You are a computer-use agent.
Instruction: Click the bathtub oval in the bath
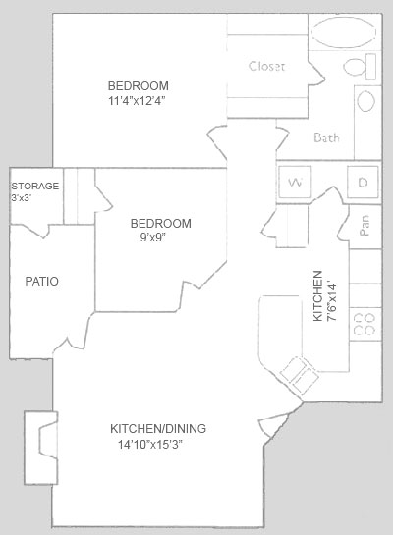tap(344, 31)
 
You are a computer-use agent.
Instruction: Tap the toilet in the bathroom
tap(360, 67)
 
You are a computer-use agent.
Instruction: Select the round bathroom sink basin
tap(366, 101)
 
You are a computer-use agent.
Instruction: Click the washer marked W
tap(295, 182)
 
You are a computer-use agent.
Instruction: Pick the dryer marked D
tap(363, 182)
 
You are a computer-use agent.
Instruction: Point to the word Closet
tap(266, 66)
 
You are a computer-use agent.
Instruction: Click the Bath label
tap(327, 137)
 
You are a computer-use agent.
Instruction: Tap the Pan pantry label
tap(365, 225)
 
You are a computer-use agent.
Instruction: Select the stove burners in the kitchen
tap(364, 324)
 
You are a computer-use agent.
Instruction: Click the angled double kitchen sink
tap(300, 375)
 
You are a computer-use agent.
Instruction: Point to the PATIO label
tap(42, 281)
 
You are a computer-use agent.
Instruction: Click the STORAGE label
tap(35, 186)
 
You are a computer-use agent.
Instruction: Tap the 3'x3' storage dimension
tap(22, 198)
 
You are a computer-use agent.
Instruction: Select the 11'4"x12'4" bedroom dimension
tap(137, 101)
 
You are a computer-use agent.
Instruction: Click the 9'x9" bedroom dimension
tap(153, 238)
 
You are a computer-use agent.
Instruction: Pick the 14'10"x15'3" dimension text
tap(150, 445)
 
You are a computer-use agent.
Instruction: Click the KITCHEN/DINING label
tap(158, 429)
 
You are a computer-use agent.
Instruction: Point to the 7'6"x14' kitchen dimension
tap(331, 301)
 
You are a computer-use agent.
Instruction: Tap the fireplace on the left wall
tap(41, 448)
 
